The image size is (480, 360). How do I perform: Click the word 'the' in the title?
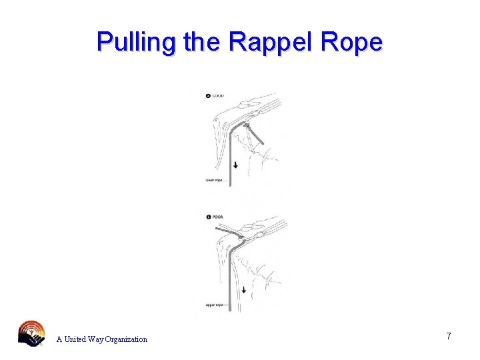[202, 42]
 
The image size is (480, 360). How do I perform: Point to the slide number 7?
[449, 337]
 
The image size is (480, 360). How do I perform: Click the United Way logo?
[31, 333]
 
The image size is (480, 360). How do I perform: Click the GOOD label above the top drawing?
[218, 96]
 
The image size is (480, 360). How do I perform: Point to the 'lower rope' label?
[213, 179]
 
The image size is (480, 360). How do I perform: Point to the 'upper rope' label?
[213, 305]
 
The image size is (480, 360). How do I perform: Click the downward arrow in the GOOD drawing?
[235, 164]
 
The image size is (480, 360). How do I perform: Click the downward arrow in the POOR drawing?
[244, 289]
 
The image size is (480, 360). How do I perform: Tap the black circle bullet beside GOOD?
[208, 96]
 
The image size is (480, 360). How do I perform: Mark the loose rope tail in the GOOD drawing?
[257, 134]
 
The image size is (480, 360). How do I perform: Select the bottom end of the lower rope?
[229, 183]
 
